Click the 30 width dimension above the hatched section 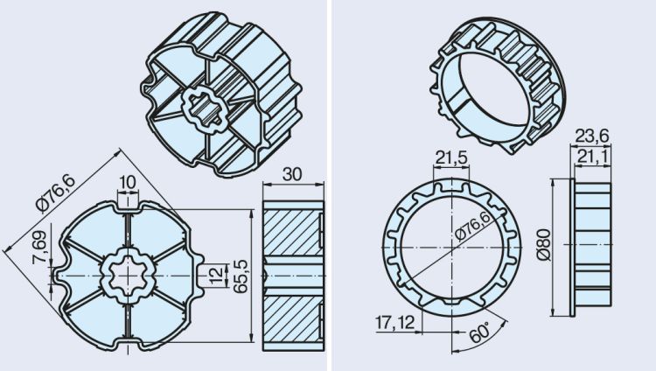coord(292,174)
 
